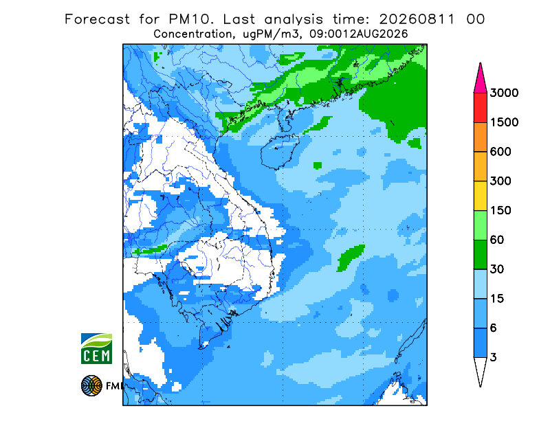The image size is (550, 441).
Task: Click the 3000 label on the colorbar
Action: click(x=504, y=93)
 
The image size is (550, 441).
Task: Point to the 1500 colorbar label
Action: click(x=504, y=122)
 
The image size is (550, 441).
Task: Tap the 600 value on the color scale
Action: click(x=500, y=152)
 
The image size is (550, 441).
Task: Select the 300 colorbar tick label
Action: click(x=500, y=181)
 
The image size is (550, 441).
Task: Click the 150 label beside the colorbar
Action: click(x=500, y=211)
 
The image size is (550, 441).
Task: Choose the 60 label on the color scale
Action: click(x=497, y=240)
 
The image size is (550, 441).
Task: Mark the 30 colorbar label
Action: click(x=497, y=269)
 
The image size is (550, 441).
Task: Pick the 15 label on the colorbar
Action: click(x=497, y=299)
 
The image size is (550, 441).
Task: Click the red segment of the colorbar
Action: click(x=480, y=108)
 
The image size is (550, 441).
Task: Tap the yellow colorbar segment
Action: click(x=480, y=196)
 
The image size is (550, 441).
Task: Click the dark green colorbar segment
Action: click(x=480, y=255)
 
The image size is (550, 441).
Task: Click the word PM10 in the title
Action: click(x=190, y=19)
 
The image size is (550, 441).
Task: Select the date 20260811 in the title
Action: click(x=417, y=19)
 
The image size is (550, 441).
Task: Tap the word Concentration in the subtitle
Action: click(x=192, y=34)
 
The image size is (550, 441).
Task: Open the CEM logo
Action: click(x=96, y=348)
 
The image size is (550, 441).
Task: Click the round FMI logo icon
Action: click(x=91, y=385)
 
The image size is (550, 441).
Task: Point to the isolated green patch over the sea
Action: click(x=351, y=258)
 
